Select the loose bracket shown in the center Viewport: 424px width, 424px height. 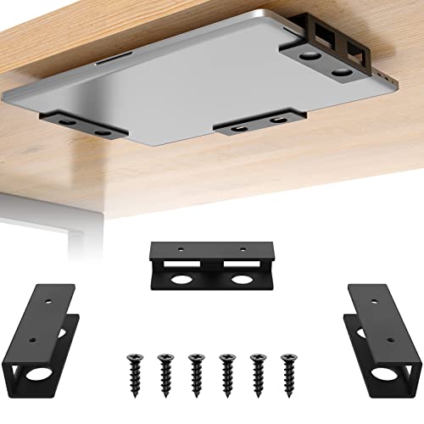(x=211, y=266)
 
